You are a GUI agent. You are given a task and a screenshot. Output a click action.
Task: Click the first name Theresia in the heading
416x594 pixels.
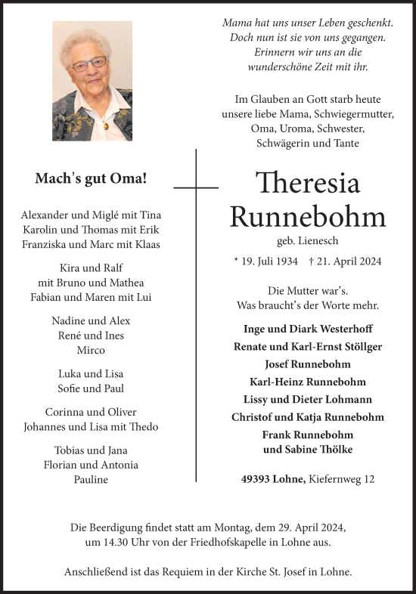click(x=307, y=184)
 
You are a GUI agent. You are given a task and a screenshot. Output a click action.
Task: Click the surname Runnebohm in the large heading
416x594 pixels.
click(x=307, y=217)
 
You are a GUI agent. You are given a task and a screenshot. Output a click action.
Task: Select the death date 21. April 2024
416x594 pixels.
click(x=346, y=261)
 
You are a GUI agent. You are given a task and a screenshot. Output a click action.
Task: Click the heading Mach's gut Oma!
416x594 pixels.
click(x=91, y=179)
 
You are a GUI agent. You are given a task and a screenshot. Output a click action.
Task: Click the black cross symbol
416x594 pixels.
click(x=196, y=186)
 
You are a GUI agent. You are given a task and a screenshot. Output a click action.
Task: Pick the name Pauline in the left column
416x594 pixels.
click(x=91, y=480)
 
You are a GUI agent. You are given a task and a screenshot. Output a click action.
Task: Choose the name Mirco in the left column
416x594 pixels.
click(x=91, y=351)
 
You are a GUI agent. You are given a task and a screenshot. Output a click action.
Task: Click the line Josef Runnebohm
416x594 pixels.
click(x=307, y=364)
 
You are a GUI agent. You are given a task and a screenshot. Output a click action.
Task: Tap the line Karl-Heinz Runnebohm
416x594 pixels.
click(x=307, y=382)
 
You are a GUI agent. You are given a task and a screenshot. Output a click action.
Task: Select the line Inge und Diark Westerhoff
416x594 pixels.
click(x=307, y=329)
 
